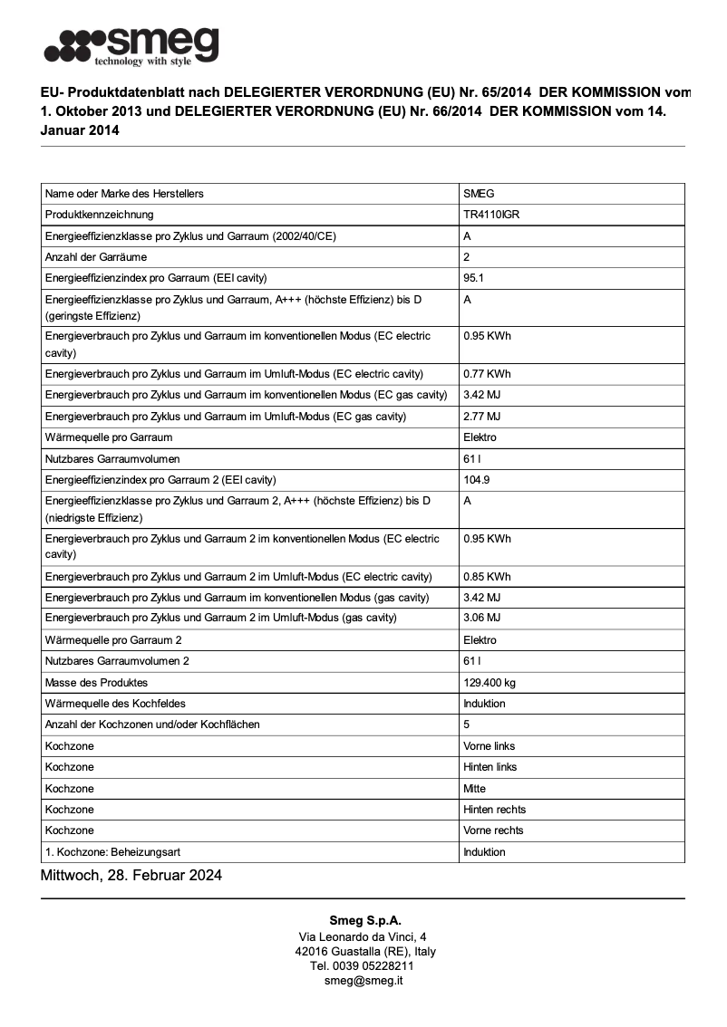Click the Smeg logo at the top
point(131,45)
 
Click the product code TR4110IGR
point(491,215)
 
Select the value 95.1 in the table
point(473,278)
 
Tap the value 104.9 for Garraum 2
point(477,480)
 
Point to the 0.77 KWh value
point(487,374)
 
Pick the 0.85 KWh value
point(487,577)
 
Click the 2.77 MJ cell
point(481,417)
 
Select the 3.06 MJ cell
point(481,618)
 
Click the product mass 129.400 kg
point(490,682)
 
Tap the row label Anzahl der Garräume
point(96,257)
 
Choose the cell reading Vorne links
point(489,746)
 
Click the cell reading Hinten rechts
point(494,810)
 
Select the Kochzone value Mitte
point(474,789)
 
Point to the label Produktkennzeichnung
point(100,215)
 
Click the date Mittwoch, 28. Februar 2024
point(131,876)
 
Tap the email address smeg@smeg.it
point(363,981)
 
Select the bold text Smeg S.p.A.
point(363,920)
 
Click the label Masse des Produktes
point(96,682)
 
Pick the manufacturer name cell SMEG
point(479,194)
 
